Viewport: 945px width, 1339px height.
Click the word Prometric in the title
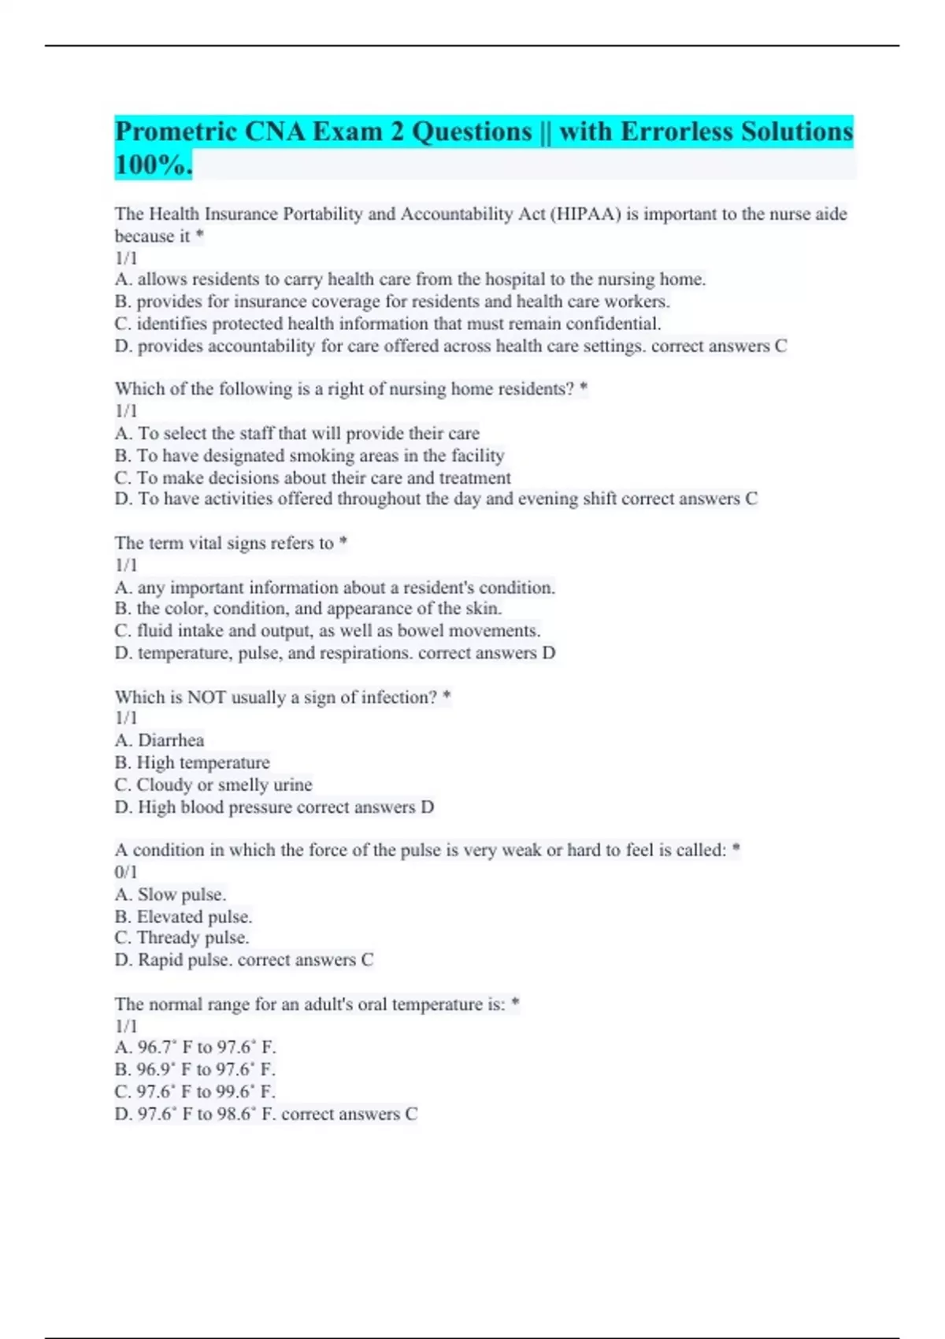pos(175,132)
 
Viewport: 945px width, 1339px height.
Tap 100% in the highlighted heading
pos(153,165)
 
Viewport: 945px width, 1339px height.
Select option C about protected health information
pos(387,324)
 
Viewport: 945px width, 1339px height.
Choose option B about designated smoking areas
pos(309,455)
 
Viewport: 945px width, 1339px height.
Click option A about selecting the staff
pos(297,433)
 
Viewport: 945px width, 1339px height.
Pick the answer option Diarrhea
pos(160,740)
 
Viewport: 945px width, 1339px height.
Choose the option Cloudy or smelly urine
pos(213,784)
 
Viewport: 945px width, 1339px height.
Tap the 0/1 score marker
pos(126,872)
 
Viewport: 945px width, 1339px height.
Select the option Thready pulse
pos(182,937)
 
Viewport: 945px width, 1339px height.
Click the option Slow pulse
pos(171,895)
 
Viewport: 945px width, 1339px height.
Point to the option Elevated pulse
pos(183,917)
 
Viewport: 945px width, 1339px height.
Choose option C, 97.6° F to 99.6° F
pos(195,1092)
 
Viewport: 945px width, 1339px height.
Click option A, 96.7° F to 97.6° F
pos(195,1048)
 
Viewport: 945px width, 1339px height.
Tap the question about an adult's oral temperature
pos(310,1004)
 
